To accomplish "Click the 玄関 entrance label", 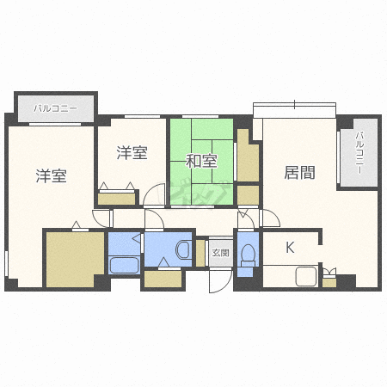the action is (220, 253).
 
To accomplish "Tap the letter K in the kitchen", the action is (290, 248).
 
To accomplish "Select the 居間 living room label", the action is (299, 173).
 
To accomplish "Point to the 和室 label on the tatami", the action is (201, 161).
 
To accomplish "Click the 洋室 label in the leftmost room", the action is (52, 175).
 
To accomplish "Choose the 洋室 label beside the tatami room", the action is (132, 152).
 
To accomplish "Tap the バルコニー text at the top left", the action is (55, 108).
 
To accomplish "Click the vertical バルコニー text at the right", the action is (359, 152).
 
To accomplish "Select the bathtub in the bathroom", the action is (124, 265).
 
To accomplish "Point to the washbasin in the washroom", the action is (183, 249).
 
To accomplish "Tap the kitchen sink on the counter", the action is (306, 276).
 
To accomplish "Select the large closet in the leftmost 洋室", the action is (75, 260).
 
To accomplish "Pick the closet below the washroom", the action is (163, 279).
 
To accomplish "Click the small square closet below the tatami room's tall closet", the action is (248, 195).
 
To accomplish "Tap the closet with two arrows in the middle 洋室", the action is (117, 199).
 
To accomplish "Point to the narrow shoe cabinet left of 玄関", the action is (200, 253).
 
